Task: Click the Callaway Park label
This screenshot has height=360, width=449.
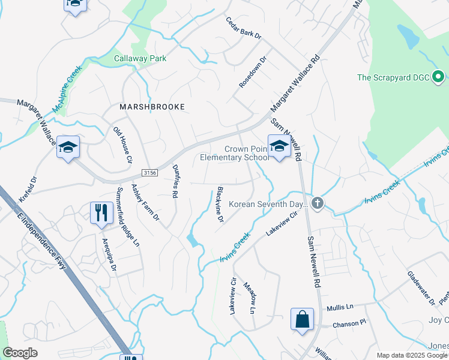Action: pyautogui.click(x=140, y=58)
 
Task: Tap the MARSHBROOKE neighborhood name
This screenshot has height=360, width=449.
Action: pyautogui.click(x=151, y=106)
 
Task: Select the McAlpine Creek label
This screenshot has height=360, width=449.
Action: pyautogui.click(x=67, y=90)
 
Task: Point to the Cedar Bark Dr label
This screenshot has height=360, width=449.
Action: pyautogui.click(x=244, y=28)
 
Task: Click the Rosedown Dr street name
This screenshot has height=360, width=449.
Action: pyautogui.click(x=252, y=73)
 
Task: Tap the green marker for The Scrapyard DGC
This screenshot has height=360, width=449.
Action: pyautogui.click(x=438, y=76)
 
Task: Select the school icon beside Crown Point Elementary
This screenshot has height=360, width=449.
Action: pyautogui.click(x=279, y=147)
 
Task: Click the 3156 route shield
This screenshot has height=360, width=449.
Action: pyautogui.click(x=151, y=172)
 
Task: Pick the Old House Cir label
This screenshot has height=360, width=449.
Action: pyautogui.click(x=122, y=145)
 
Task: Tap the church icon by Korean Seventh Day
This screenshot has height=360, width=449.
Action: pyautogui.click(x=318, y=204)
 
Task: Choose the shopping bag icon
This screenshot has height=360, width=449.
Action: pyautogui.click(x=302, y=319)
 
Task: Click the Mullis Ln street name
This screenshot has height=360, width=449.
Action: pyautogui.click(x=340, y=307)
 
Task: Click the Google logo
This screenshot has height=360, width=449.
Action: pyautogui.click(x=20, y=353)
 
